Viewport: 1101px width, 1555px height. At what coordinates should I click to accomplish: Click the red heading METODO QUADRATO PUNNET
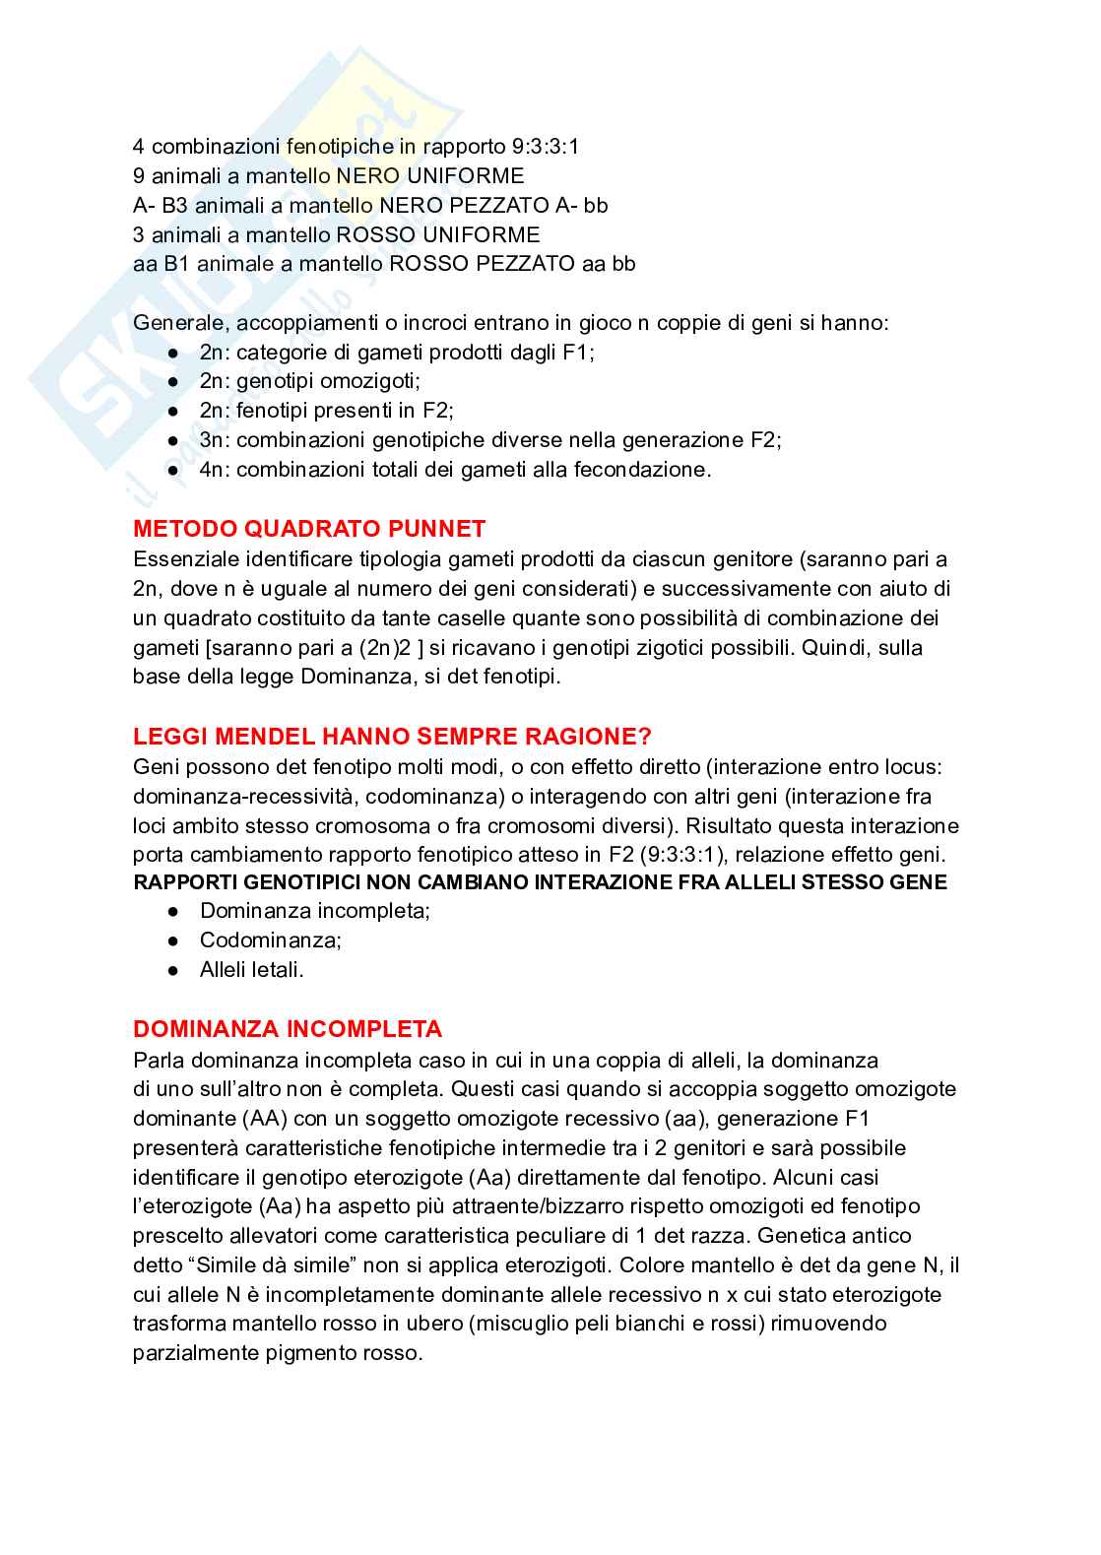(309, 529)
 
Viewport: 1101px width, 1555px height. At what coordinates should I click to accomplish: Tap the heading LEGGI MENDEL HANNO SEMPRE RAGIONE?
(392, 737)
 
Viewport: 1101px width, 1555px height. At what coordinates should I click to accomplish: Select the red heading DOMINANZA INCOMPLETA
(288, 1029)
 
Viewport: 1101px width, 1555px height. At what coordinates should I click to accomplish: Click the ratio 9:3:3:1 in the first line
(546, 147)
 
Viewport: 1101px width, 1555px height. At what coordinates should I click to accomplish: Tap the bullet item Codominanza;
(271, 939)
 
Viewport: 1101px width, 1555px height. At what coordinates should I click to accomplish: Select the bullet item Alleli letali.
(252, 969)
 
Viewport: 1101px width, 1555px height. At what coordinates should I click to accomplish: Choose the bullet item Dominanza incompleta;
(315, 910)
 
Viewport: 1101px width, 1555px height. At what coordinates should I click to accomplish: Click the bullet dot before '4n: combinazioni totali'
(173, 470)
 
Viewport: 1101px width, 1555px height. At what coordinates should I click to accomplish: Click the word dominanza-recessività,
(241, 796)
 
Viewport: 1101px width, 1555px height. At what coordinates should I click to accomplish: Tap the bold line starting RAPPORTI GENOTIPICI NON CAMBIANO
(540, 882)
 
